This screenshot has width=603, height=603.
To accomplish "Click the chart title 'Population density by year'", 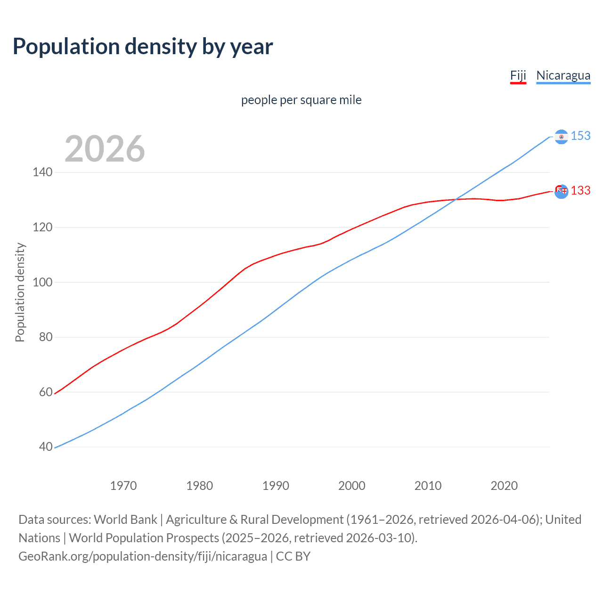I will click(143, 47).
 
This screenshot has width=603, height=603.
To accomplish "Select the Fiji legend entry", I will click(518, 75).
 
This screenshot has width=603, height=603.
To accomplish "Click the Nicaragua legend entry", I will click(563, 75).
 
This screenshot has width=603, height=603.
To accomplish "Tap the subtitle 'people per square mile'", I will click(301, 100).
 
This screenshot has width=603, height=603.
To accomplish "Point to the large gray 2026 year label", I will click(105, 149).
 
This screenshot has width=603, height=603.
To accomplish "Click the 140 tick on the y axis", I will click(42, 172).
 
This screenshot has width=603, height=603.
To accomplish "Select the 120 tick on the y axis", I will click(42, 228).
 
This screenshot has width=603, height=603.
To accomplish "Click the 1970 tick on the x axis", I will click(123, 486).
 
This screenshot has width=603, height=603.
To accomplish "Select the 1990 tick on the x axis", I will click(276, 486).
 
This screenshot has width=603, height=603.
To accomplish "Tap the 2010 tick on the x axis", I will click(428, 486).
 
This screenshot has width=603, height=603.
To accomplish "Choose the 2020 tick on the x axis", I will click(504, 486).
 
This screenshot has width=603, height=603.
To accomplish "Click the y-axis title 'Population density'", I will click(20, 292).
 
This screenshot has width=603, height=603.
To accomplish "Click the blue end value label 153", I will click(580, 136).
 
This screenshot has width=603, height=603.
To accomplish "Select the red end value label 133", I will click(580, 191).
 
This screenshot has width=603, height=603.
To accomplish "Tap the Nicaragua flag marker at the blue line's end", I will click(561, 137).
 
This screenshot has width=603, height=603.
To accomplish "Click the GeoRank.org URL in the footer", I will click(143, 556).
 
